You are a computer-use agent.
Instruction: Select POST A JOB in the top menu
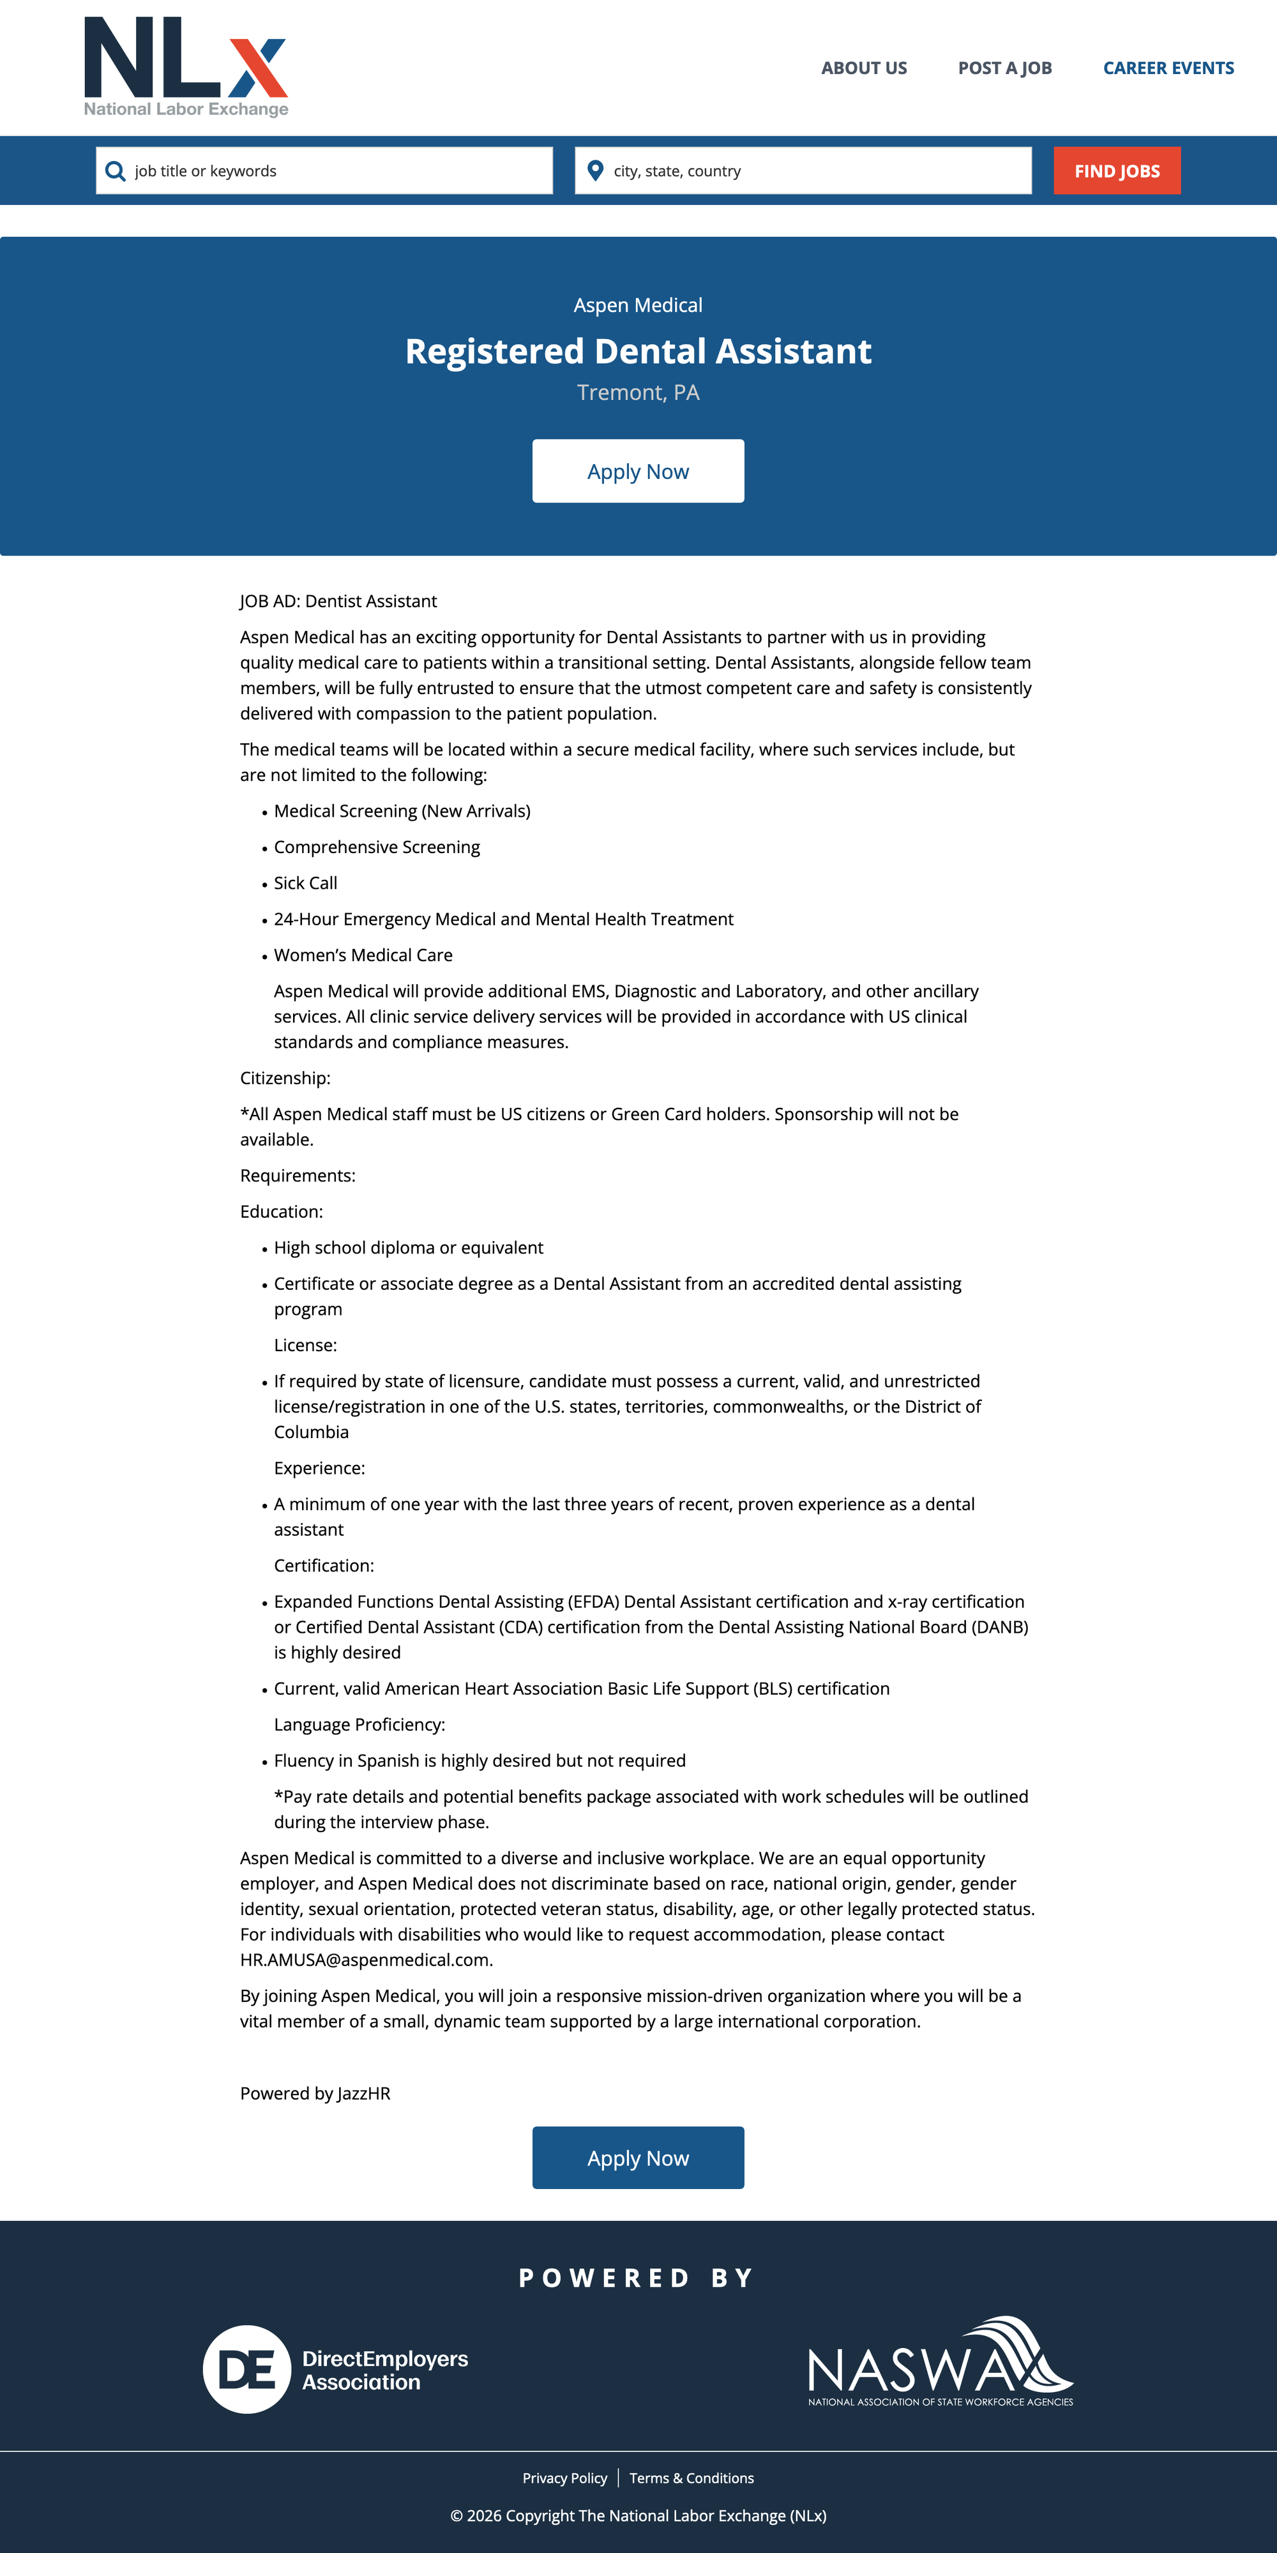(x=1004, y=68)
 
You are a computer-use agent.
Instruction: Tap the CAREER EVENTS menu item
(x=1168, y=68)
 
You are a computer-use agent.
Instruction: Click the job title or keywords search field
(x=337, y=170)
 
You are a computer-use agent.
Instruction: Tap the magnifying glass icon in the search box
(x=115, y=170)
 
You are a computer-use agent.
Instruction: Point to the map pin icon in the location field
(x=596, y=170)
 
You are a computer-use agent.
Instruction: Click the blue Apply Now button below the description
(x=638, y=2158)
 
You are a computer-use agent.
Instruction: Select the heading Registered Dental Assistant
(x=638, y=351)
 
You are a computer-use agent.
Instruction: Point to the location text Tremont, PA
(x=638, y=393)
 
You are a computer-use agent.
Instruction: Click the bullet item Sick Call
(x=305, y=883)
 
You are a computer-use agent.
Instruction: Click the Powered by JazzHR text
(x=315, y=2093)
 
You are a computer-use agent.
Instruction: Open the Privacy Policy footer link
(x=564, y=2478)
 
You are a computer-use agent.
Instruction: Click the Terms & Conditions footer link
(x=691, y=2478)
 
